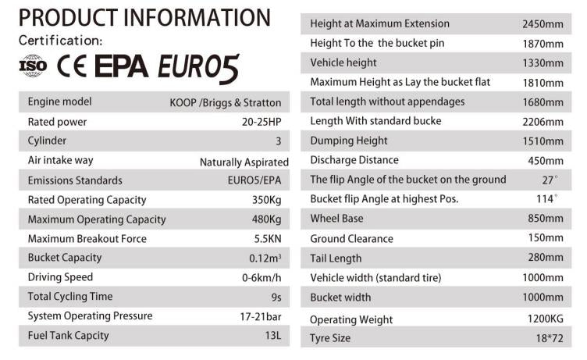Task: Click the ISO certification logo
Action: (x=33, y=67)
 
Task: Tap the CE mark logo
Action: (x=72, y=67)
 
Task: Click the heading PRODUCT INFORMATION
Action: (x=144, y=17)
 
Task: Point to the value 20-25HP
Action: (x=261, y=122)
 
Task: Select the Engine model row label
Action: (x=59, y=102)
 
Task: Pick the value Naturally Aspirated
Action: (x=244, y=162)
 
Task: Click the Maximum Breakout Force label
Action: (x=87, y=238)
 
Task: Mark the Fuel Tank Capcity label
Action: (x=68, y=336)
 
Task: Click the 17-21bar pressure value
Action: (x=261, y=316)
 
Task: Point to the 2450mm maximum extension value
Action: (x=542, y=24)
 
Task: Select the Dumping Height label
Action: (x=348, y=141)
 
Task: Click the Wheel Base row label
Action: (x=336, y=219)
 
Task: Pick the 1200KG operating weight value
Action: (x=545, y=319)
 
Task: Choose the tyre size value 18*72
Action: (x=548, y=338)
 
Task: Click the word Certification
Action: (x=60, y=41)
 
